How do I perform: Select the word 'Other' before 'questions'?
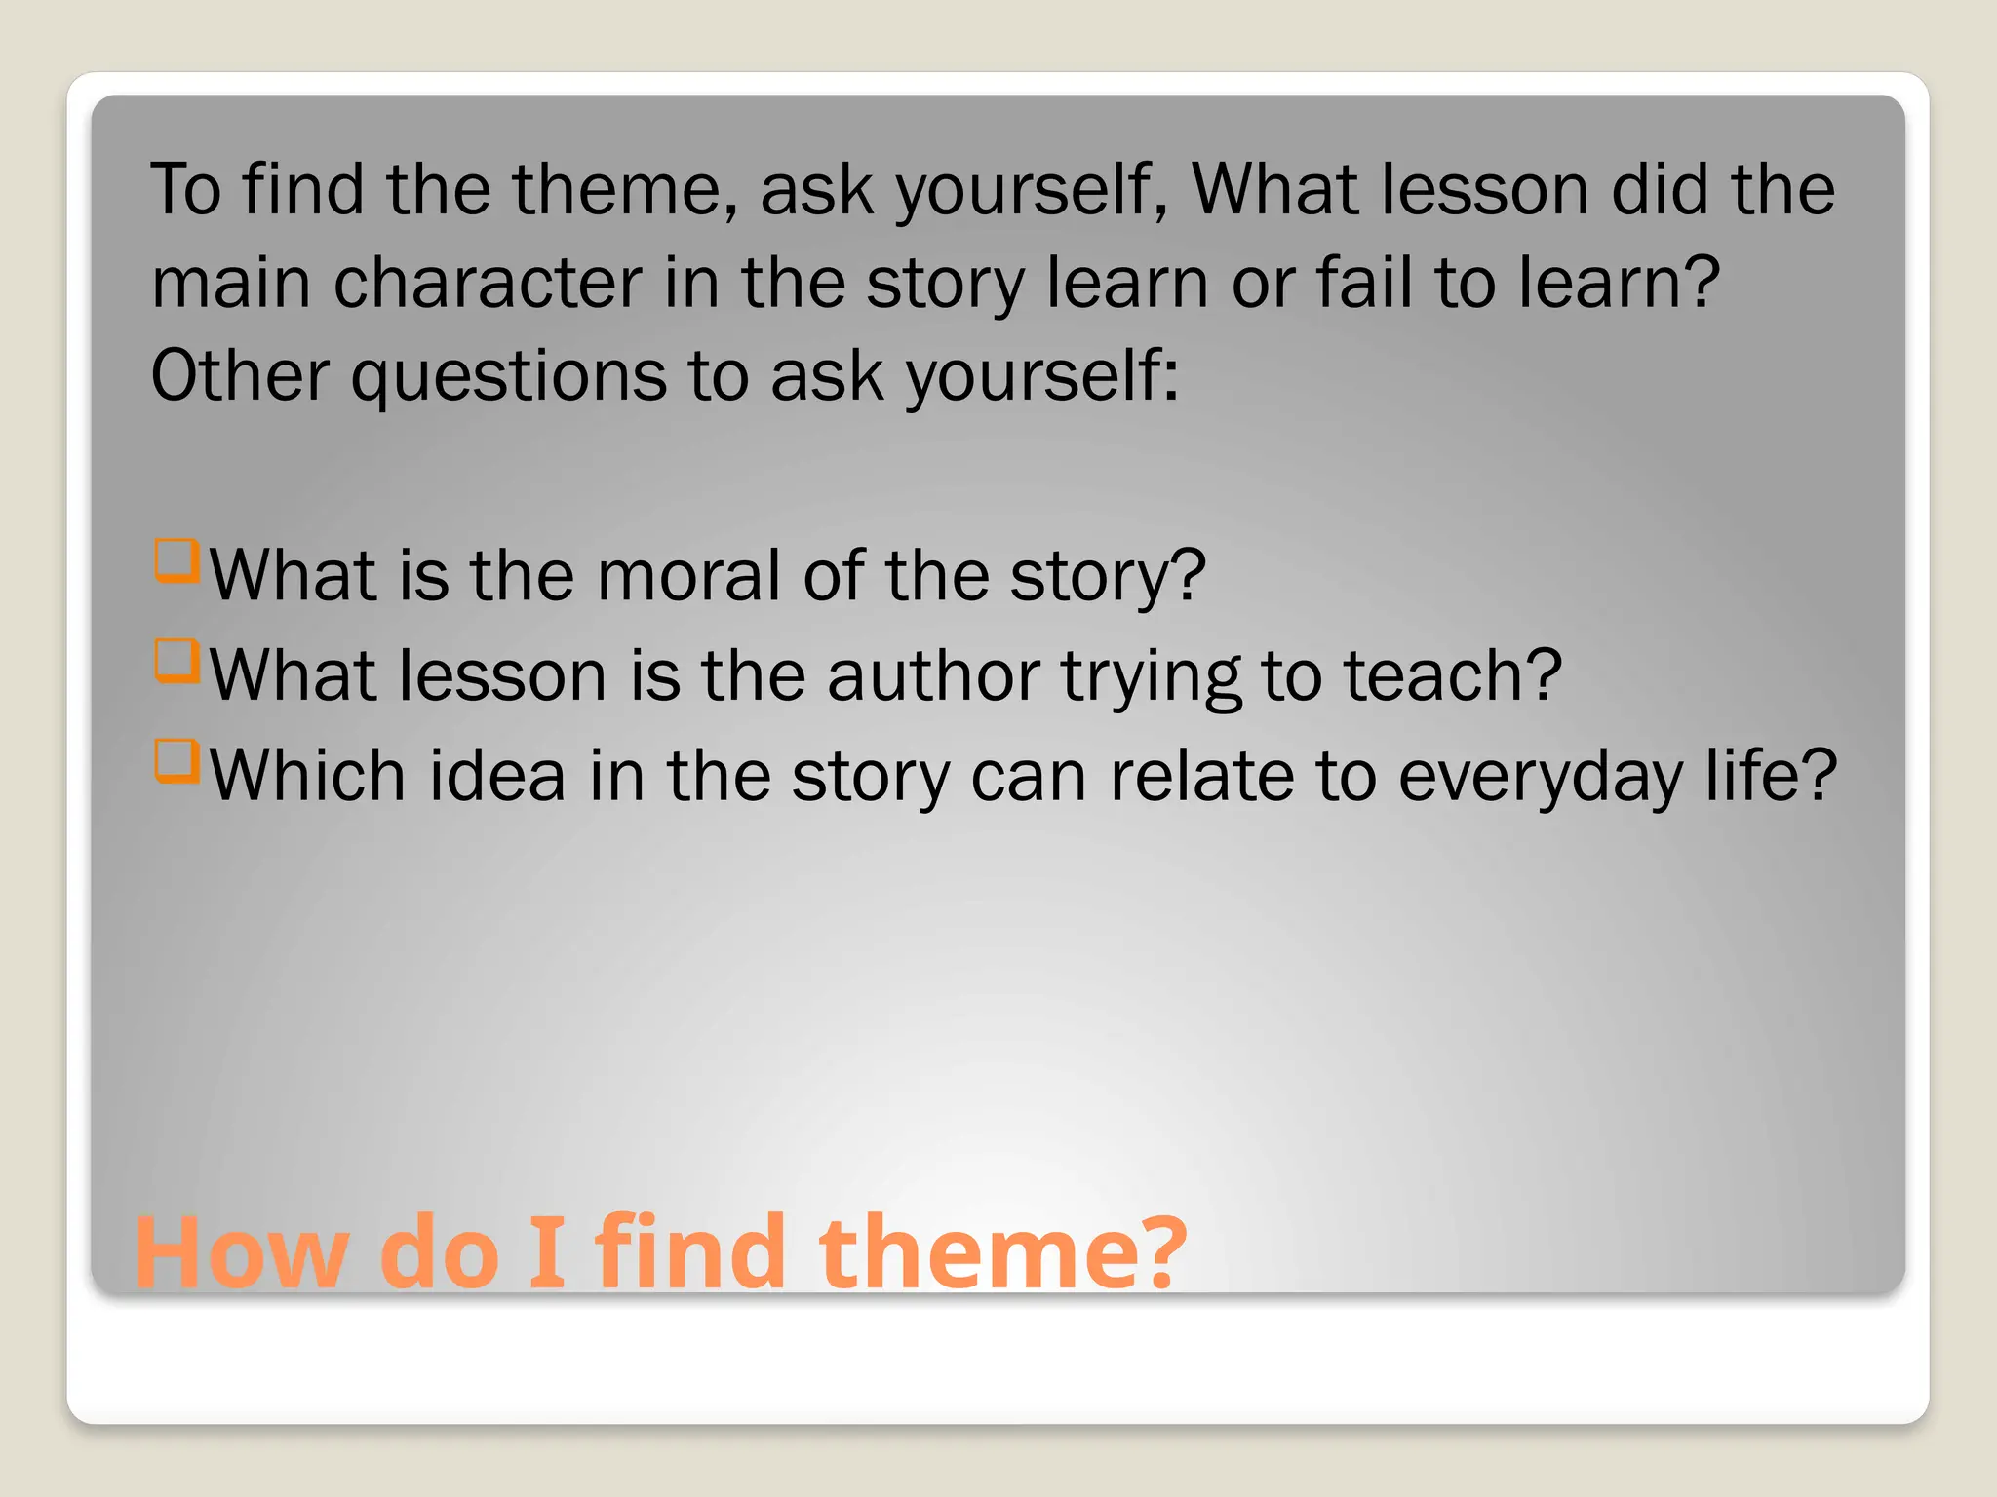pyautogui.click(x=240, y=376)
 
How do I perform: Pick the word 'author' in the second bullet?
pyautogui.click(x=933, y=675)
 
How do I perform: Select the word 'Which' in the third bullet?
pyautogui.click(x=308, y=776)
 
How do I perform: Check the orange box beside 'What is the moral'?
pyautogui.click(x=176, y=561)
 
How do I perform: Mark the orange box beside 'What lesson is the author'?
pyautogui.click(x=176, y=661)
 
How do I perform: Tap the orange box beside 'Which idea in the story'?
pyautogui.click(x=176, y=761)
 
